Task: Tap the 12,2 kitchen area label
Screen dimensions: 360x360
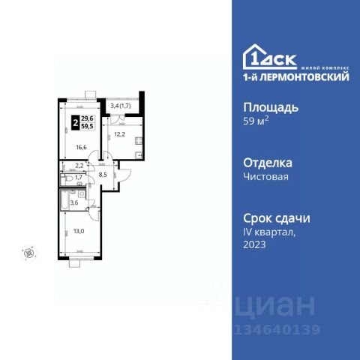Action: pos(118,136)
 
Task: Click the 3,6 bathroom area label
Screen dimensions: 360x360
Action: pos(74,202)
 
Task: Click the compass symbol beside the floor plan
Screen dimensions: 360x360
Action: pos(29,253)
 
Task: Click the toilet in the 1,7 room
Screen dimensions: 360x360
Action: pos(63,178)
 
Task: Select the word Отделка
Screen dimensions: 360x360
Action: pos(269,162)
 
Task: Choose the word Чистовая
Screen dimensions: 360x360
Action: pos(268,177)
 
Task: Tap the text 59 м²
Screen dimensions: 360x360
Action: pos(257,122)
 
